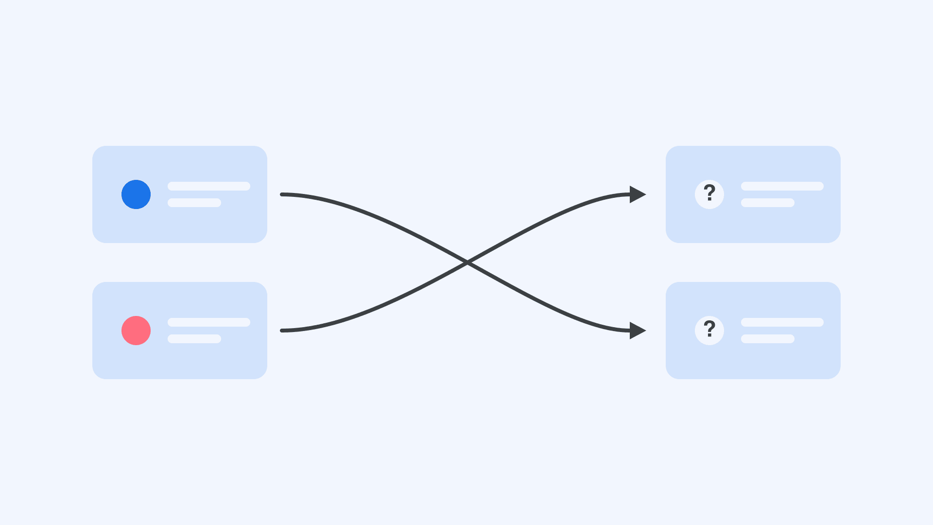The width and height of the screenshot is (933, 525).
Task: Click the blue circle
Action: point(136,194)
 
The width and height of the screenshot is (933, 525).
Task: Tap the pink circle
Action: point(136,331)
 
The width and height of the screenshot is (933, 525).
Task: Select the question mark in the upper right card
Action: point(709,193)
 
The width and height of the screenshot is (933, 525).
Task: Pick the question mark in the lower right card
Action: point(709,329)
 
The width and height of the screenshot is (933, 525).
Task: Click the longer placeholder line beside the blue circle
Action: point(209,186)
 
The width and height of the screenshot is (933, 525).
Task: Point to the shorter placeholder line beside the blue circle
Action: point(194,203)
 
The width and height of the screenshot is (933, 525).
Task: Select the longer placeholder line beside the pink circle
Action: point(209,322)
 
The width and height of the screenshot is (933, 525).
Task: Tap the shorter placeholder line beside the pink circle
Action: point(194,339)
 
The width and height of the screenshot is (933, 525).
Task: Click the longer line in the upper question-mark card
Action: point(782,186)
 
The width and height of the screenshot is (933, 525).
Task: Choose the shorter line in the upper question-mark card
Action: point(768,203)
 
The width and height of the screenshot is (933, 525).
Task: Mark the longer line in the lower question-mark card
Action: point(782,322)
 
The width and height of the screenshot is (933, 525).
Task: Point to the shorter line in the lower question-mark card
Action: point(768,339)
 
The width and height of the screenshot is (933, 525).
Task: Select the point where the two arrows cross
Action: point(466,262)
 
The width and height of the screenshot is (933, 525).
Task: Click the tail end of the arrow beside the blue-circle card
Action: point(282,194)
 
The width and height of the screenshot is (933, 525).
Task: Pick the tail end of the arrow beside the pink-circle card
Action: point(282,331)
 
